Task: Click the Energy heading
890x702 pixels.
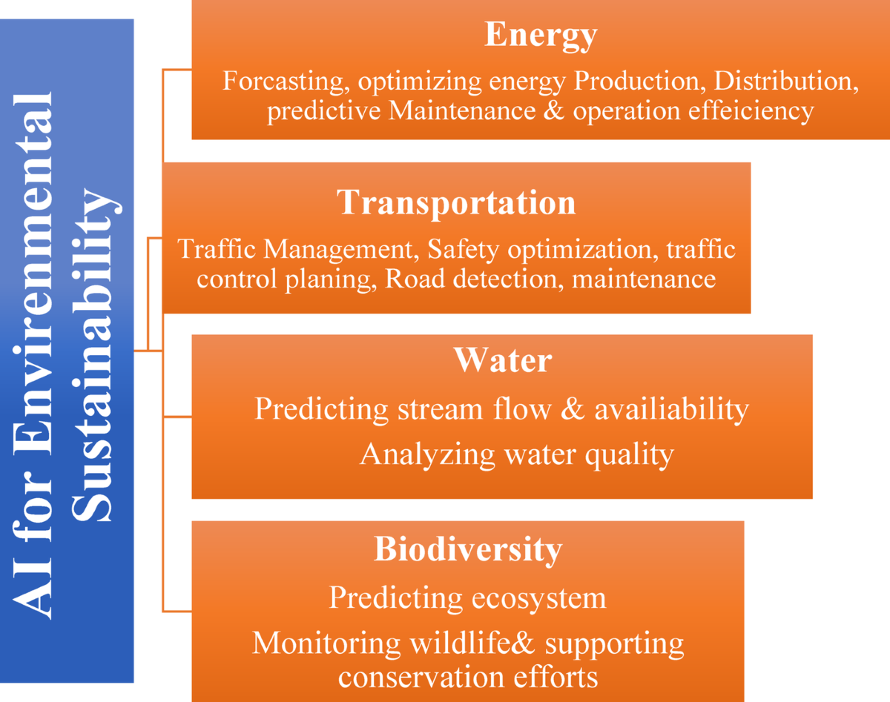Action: pos(540,35)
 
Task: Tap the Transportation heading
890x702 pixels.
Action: pos(456,202)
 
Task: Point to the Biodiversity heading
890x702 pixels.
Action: pos(467,550)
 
